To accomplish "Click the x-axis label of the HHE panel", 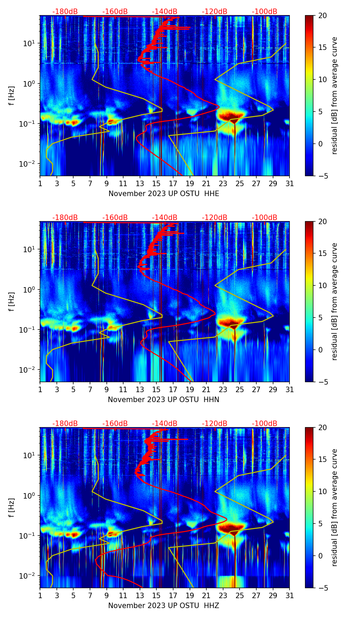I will pyautogui.click(x=164, y=194).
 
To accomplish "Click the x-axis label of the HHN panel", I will pyautogui.click(x=164, y=400).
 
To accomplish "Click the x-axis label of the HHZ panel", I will pyautogui.click(x=164, y=606).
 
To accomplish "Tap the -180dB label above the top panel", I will pyautogui.click(x=65, y=12).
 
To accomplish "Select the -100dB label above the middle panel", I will pyautogui.click(x=265, y=218).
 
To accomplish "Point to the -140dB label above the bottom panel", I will pyautogui.click(x=165, y=424).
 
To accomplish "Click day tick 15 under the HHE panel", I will pyautogui.click(x=156, y=183).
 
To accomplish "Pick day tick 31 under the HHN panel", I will pyautogui.click(x=290, y=389).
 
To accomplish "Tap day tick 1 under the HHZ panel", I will pyautogui.click(x=40, y=595).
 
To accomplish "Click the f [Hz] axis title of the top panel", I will pyautogui.click(x=12, y=95).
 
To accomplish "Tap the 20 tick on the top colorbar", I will pyautogui.click(x=322, y=15).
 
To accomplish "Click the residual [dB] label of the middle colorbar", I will pyautogui.click(x=334, y=301).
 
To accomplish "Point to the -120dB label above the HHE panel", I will pyautogui.click(x=215, y=12).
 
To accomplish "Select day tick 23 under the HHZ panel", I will pyautogui.click(x=223, y=595).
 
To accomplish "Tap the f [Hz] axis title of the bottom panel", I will pyautogui.click(x=12, y=507).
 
